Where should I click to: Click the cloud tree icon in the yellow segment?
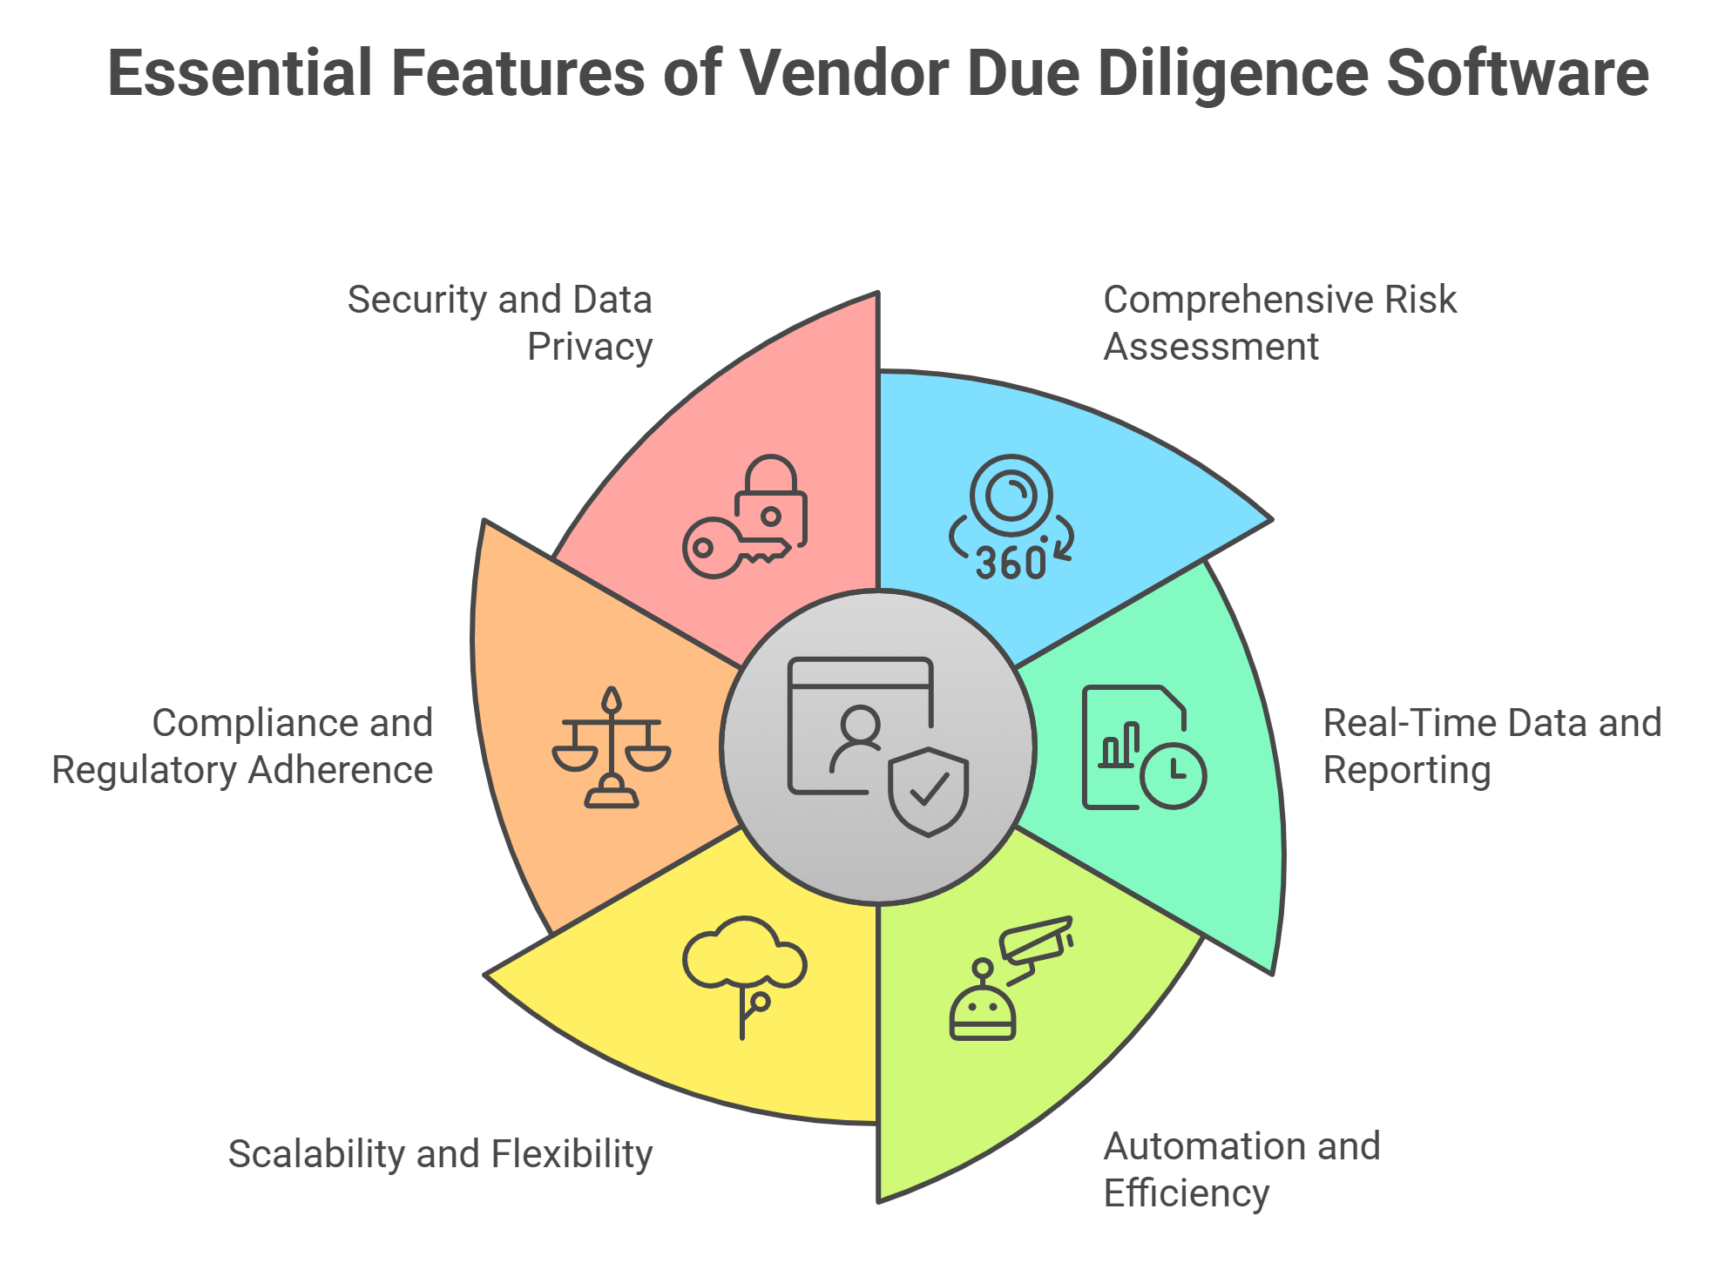pos(744,967)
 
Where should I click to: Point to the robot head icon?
pos(983,1010)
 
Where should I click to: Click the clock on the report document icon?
pos(1173,774)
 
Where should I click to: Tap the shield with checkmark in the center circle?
pos(929,791)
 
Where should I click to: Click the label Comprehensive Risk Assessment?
pos(1279,322)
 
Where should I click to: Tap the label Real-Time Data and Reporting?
pos(1492,746)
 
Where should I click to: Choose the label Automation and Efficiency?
pos(1241,1169)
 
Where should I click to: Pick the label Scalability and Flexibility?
pos(440,1153)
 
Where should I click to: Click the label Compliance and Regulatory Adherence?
pos(243,746)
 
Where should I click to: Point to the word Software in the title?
pos(1517,73)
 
